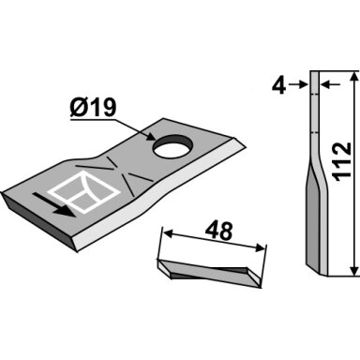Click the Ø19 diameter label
pyautogui.click(x=93, y=108)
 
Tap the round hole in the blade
pyautogui.click(x=172, y=146)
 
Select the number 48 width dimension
pyautogui.click(x=218, y=231)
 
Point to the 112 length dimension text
pyautogui.click(x=342, y=161)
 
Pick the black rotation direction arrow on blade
pyautogui.click(x=53, y=204)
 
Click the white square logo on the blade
pyautogui.click(x=84, y=191)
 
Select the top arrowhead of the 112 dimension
pyautogui.click(x=353, y=77)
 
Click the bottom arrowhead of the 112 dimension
pyautogui.click(x=353, y=271)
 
